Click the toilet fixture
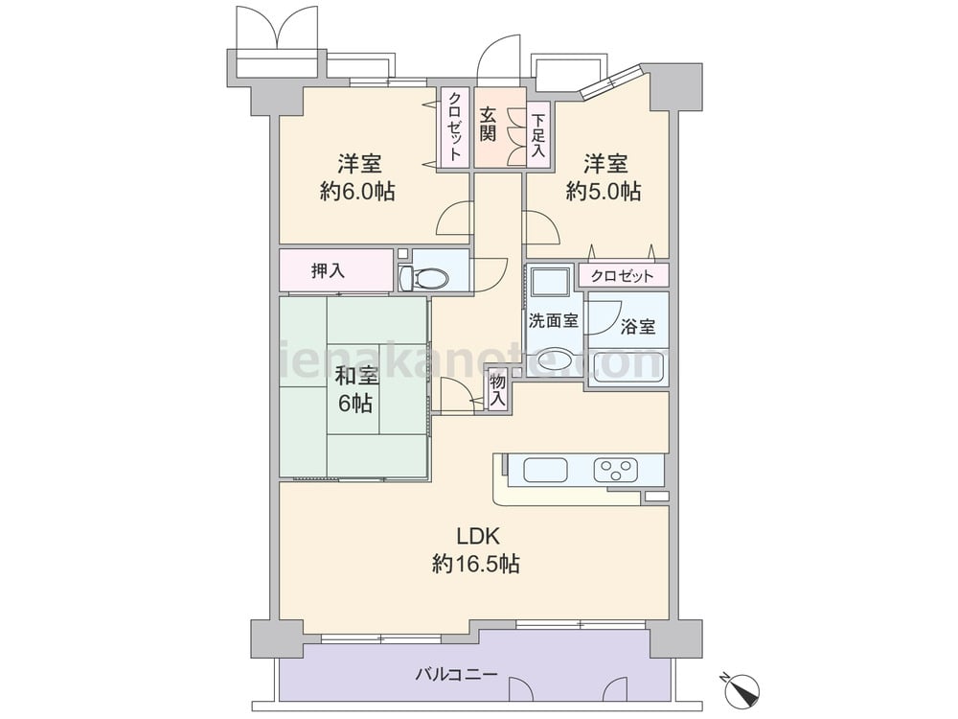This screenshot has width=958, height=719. click(424, 279)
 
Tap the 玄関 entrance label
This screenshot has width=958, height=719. click(487, 125)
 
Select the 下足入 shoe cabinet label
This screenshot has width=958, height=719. click(537, 135)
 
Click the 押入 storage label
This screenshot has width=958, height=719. click(328, 271)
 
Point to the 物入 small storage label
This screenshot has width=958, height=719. click(498, 391)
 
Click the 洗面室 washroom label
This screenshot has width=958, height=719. click(554, 320)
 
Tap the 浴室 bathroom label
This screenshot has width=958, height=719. click(638, 327)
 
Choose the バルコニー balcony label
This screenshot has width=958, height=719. click(457, 675)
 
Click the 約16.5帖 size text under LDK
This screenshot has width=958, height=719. click(476, 563)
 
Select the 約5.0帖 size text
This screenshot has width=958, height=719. click(603, 192)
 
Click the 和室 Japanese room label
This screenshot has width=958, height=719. click(356, 376)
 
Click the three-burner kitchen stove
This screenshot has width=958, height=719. click(616, 470)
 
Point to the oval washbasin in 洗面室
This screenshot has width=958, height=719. click(554, 362)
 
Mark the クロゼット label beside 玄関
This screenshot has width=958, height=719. click(455, 126)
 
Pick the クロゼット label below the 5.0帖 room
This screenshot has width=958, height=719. click(622, 276)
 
